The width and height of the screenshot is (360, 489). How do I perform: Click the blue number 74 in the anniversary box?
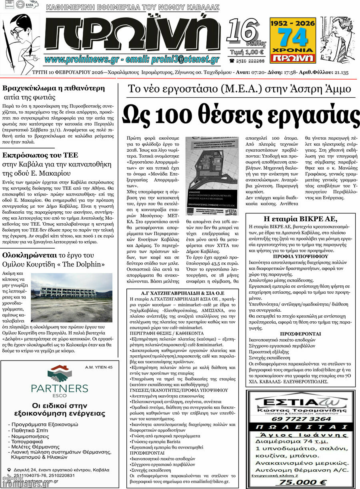pos(293,38)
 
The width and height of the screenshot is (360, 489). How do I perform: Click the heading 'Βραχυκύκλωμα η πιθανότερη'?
pos(54,88)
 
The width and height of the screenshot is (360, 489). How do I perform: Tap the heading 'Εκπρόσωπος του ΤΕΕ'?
pos(40,155)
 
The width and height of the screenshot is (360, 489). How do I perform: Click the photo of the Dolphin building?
pos(72,292)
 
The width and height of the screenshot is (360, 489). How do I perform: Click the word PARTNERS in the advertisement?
pos(60,388)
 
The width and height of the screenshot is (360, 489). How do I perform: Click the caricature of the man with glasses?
pos(18,40)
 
